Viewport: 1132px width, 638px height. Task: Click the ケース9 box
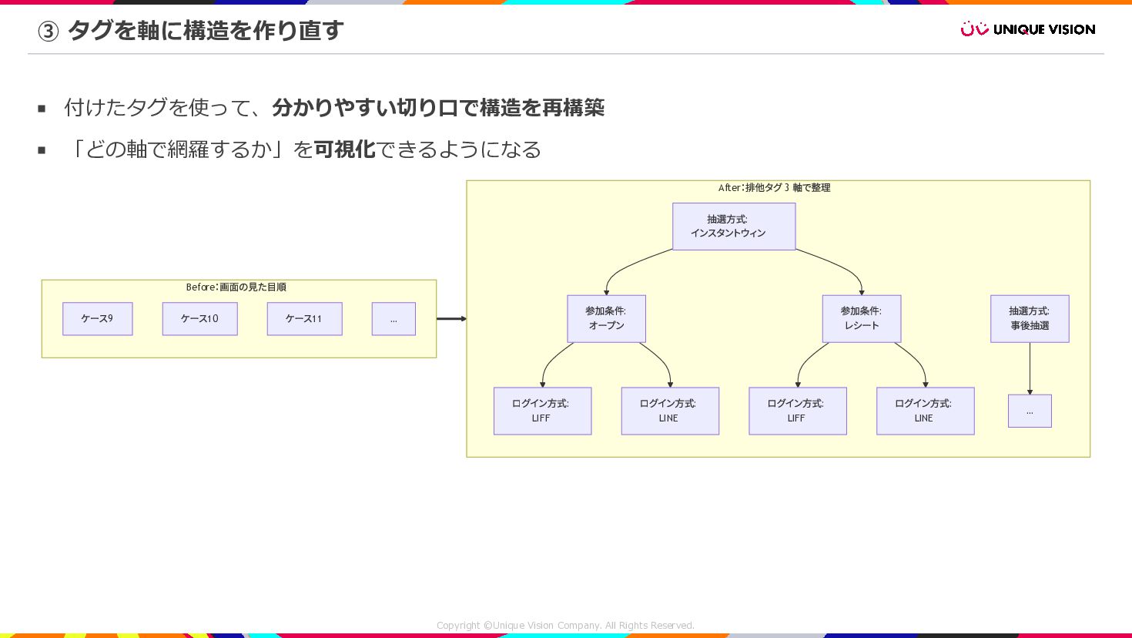[98, 319]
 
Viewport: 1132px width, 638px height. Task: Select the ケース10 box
[199, 319]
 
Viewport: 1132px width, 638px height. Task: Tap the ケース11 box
[305, 319]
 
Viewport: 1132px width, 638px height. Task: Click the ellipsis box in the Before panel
[394, 319]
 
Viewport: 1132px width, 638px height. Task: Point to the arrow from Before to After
[451, 319]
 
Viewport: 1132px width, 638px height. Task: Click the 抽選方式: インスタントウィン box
[734, 227]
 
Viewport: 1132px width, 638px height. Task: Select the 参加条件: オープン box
[607, 319]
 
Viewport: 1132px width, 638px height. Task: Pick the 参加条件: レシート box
[862, 319]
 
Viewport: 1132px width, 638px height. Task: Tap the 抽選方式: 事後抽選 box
[1030, 319]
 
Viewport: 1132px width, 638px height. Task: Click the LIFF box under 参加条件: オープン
[543, 411]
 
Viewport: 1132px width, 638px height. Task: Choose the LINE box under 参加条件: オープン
[670, 411]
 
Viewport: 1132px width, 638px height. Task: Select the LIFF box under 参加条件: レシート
[798, 411]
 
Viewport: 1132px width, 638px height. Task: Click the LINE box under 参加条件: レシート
[926, 411]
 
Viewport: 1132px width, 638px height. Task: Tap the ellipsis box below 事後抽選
[1030, 411]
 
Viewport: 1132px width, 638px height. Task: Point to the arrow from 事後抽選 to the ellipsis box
[1030, 368]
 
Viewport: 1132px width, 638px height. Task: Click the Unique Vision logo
[1028, 29]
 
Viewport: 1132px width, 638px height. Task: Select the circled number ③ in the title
[48, 32]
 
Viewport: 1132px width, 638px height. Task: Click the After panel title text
[774, 187]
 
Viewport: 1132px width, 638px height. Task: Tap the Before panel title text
[236, 287]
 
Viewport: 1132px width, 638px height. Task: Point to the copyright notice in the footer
[565, 626]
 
